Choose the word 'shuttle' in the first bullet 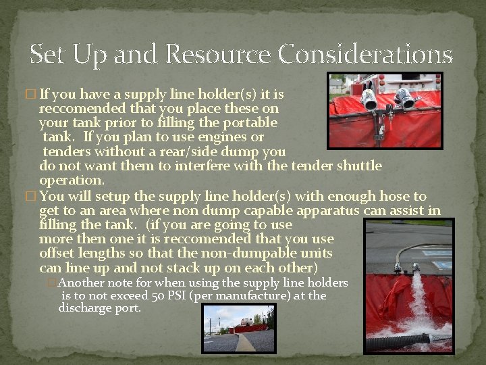[360, 166]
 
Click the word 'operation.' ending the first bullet [72, 180]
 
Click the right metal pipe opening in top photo [406, 101]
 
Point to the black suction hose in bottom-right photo [405, 340]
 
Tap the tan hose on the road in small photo [244, 341]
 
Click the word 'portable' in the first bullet [246, 123]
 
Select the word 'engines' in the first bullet [227, 137]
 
